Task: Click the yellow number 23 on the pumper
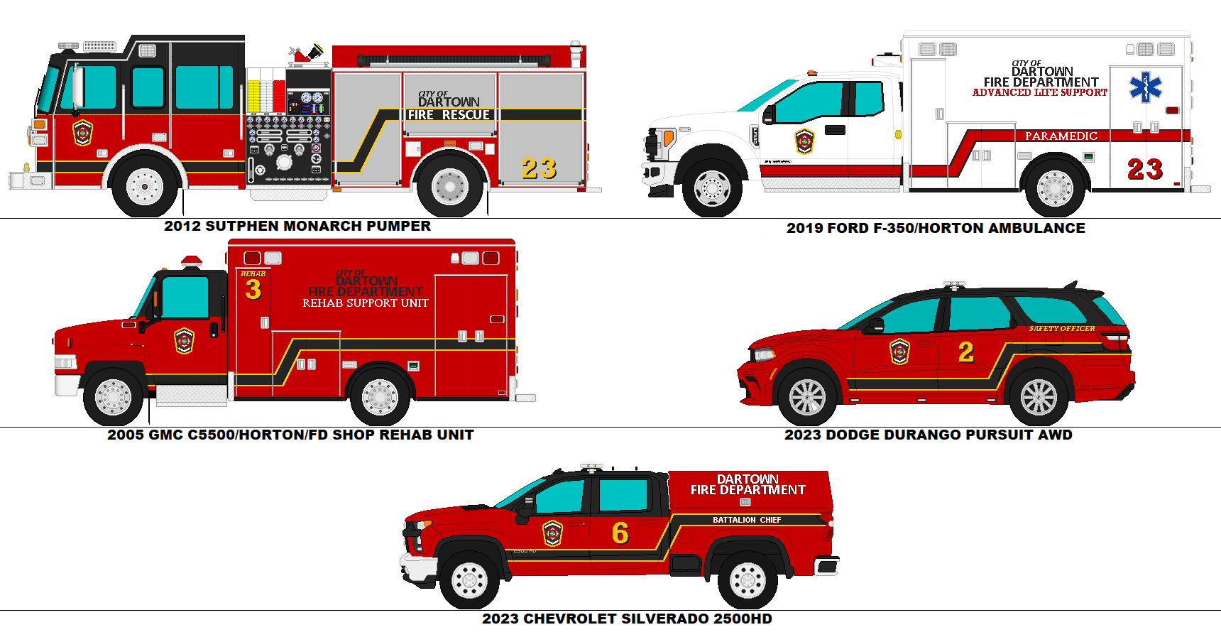click(x=539, y=168)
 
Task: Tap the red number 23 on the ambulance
click(x=1145, y=169)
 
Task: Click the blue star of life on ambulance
click(x=1146, y=87)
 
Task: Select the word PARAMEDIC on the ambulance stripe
click(x=1061, y=136)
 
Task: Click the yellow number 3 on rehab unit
click(x=253, y=289)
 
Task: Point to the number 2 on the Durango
click(x=966, y=352)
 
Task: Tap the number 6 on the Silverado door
click(x=620, y=533)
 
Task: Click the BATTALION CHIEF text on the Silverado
click(x=747, y=520)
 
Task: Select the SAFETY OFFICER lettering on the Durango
click(x=1061, y=328)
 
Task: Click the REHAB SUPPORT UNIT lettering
click(x=366, y=303)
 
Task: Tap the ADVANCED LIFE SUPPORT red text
click(x=1039, y=92)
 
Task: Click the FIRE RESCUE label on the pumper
click(x=449, y=114)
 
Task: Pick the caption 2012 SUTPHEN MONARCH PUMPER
click(x=297, y=226)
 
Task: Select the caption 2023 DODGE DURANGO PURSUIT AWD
click(x=928, y=435)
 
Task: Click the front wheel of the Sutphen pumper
click(x=144, y=186)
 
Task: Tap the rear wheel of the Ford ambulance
click(x=1055, y=189)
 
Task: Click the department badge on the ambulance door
click(x=804, y=141)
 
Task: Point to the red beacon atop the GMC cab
click(x=192, y=261)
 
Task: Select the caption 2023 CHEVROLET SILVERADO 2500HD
click(x=627, y=619)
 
